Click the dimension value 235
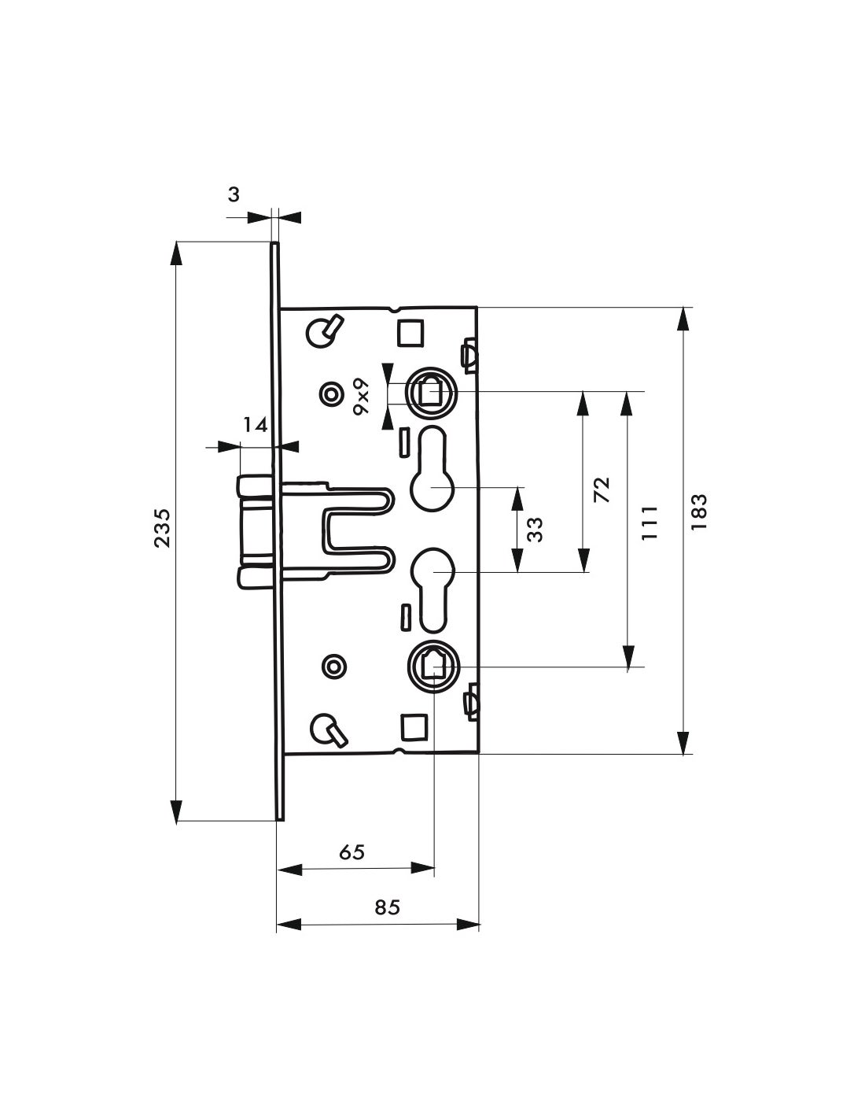point(161,528)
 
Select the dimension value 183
point(699,511)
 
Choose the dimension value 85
point(387,907)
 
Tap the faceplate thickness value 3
point(234,194)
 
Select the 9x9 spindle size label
point(361,395)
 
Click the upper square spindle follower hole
point(429,391)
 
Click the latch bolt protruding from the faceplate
point(256,531)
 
